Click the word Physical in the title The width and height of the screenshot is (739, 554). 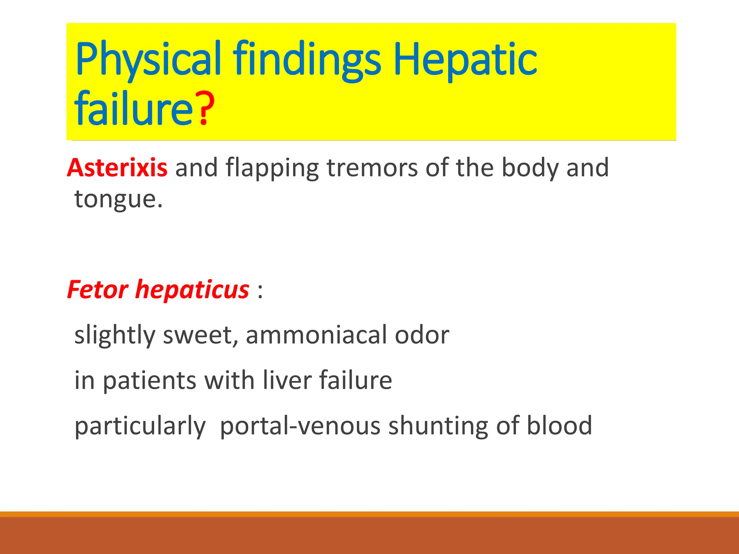point(148,60)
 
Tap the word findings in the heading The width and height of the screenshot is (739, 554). point(307,60)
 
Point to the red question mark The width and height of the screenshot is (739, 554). point(205,108)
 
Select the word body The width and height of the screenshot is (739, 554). point(530,168)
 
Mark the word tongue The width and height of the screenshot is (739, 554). point(115,199)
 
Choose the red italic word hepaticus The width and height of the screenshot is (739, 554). point(192,290)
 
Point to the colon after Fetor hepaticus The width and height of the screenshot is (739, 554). point(260,291)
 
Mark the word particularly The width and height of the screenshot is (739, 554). point(140,426)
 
